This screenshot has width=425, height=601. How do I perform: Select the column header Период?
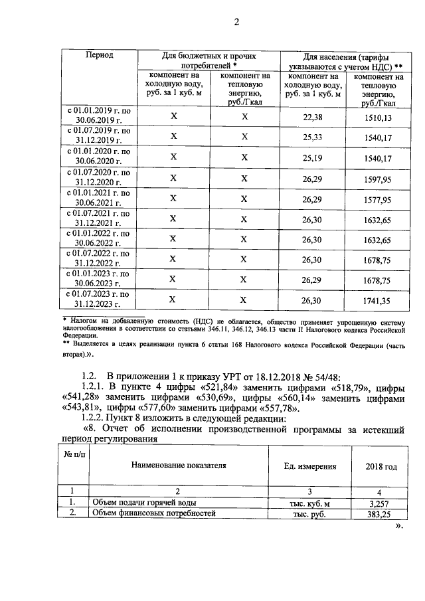click(x=100, y=55)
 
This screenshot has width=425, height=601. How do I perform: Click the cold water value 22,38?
click(x=312, y=118)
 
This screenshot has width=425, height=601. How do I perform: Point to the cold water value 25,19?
click(x=312, y=158)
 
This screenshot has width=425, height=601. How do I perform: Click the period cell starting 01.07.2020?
click(x=100, y=177)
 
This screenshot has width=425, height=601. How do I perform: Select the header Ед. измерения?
click(x=309, y=467)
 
